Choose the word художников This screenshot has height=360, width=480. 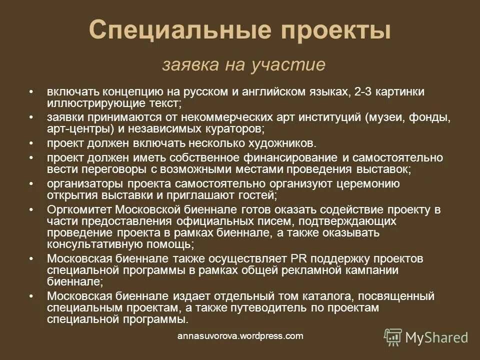pos(276,143)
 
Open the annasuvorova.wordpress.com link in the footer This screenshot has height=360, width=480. pos(240,336)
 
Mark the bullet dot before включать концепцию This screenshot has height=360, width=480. pos(31,92)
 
